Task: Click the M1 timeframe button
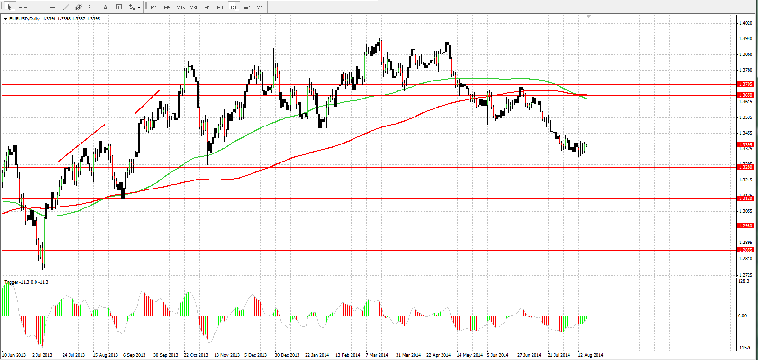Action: coord(154,8)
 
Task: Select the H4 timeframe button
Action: coord(220,8)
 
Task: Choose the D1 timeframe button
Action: coord(234,8)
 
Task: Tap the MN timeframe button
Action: coord(260,8)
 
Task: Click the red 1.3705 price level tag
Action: coord(746,84)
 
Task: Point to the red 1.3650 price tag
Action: coord(746,95)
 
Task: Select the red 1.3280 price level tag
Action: coord(746,167)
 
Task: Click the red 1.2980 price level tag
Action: coord(746,226)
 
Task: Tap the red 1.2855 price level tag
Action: coord(746,250)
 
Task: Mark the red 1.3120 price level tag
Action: coord(746,198)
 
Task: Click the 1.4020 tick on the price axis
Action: coord(746,23)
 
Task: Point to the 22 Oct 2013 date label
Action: coord(196,355)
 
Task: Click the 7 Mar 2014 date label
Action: coord(377,355)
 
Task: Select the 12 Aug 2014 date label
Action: coord(590,355)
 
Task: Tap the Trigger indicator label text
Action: coord(11,282)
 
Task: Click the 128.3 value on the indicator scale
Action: coord(744,281)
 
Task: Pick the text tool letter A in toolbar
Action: coord(106,8)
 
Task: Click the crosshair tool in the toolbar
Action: coord(23,8)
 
